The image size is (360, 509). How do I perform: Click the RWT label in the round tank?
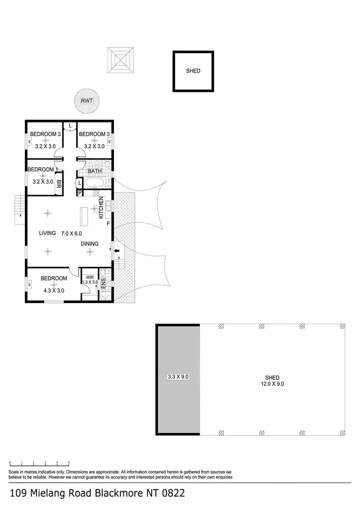click(87, 101)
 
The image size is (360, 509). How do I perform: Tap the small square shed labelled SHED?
click(193, 71)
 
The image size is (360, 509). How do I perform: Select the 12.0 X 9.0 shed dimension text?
click(272, 384)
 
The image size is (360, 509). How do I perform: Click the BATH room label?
click(95, 171)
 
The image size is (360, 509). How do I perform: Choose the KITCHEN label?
click(101, 208)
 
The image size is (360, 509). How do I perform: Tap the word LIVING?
click(48, 233)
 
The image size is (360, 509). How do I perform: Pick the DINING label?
click(89, 244)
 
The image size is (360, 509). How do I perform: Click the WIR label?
click(90, 277)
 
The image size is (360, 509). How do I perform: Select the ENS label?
click(103, 283)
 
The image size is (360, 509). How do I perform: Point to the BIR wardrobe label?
click(59, 183)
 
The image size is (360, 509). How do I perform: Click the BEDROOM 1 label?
click(42, 170)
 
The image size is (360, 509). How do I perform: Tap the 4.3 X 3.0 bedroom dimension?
click(54, 290)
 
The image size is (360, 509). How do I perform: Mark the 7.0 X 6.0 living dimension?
click(72, 233)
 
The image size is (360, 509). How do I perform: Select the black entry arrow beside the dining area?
click(116, 250)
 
